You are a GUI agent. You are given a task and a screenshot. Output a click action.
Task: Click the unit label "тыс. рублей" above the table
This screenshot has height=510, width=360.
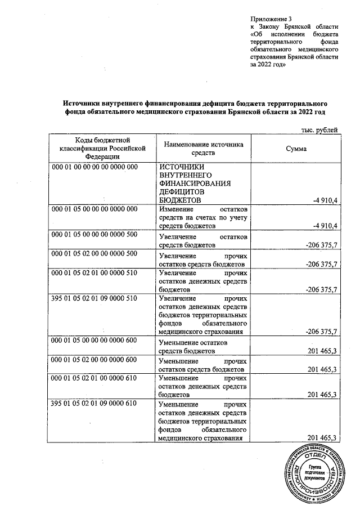coord(319,129)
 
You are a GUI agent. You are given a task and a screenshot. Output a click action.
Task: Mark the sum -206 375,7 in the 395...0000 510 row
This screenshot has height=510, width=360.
coord(321,332)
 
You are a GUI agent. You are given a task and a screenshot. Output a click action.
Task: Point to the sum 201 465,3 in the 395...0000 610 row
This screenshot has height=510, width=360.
coord(322,439)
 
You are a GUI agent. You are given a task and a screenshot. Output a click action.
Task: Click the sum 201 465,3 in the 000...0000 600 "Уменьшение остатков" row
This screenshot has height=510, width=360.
coord(322,351)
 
